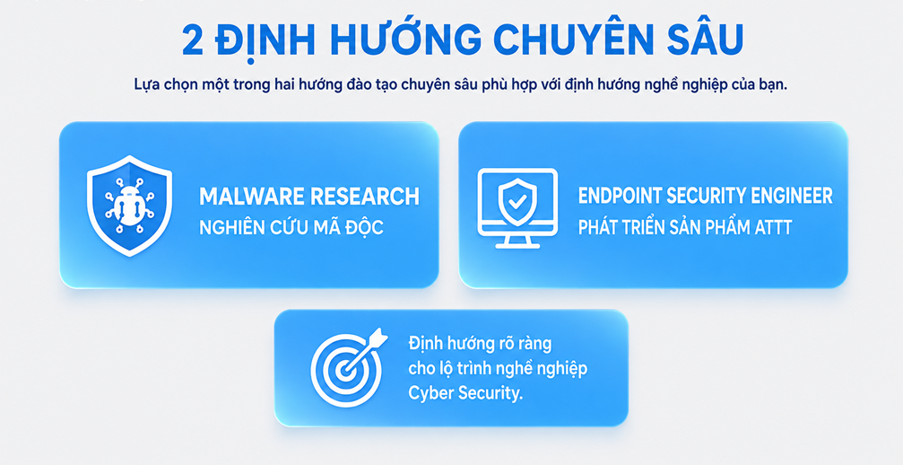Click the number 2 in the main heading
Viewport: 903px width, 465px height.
[194, 41]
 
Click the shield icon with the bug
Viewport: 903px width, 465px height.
[129, 206]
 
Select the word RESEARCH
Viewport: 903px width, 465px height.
[365, 197]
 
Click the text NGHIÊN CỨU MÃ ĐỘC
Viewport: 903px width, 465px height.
[291, 226]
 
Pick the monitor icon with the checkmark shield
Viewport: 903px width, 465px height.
[517, 208]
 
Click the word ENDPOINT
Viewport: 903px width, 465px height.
[620, 196]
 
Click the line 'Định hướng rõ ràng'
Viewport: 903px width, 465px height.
[480, 344]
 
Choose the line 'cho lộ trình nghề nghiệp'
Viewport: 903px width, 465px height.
[498, 368]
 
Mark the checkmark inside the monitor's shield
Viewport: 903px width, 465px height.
[517, 202]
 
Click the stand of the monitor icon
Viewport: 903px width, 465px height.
[517, 241]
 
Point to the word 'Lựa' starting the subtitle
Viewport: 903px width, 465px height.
[145, 84]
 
